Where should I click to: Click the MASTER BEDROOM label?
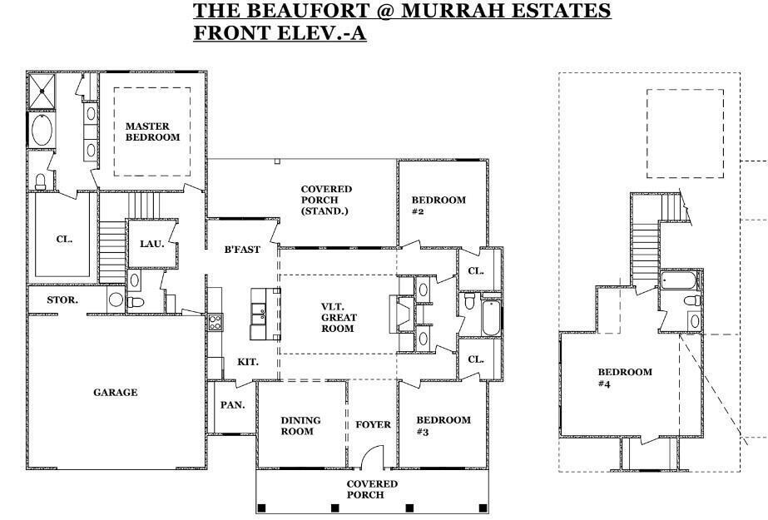coord(152,131)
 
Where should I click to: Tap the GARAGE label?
coord(115,392)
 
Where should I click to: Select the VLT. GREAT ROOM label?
coord(339,317)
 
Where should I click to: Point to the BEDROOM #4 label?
coord(625,378)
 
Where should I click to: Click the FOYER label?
coord(374,424)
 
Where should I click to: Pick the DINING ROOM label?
coord(300,425)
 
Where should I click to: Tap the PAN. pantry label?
coord(233,405)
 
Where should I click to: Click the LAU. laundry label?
coord(151,243)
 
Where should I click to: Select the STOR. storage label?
coord(62,300)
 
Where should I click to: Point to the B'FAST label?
coord(242,250)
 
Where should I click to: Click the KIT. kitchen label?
coord(248,362)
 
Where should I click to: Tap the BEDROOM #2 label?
coord(439,206)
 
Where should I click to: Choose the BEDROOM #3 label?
coord(443,425)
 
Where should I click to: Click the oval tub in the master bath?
coord(42,130)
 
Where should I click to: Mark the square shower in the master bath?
coord(42,92)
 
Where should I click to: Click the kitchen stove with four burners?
coord(215,322)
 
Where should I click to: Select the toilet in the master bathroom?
coord(41,181)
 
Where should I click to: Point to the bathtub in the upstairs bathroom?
coord(678,281)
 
